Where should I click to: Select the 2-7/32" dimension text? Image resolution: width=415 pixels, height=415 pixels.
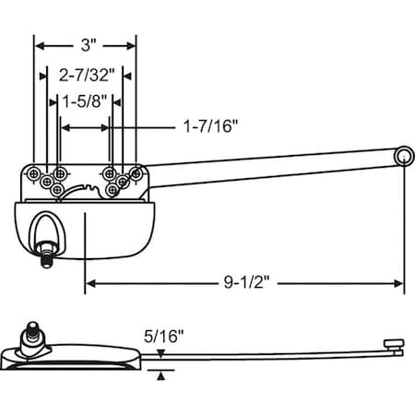pos(85,74)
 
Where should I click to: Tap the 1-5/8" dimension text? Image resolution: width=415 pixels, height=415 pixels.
pos(85,102)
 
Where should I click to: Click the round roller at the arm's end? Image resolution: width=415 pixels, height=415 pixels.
pos(403,159)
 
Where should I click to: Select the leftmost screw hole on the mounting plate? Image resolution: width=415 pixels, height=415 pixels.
pos(34,172)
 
